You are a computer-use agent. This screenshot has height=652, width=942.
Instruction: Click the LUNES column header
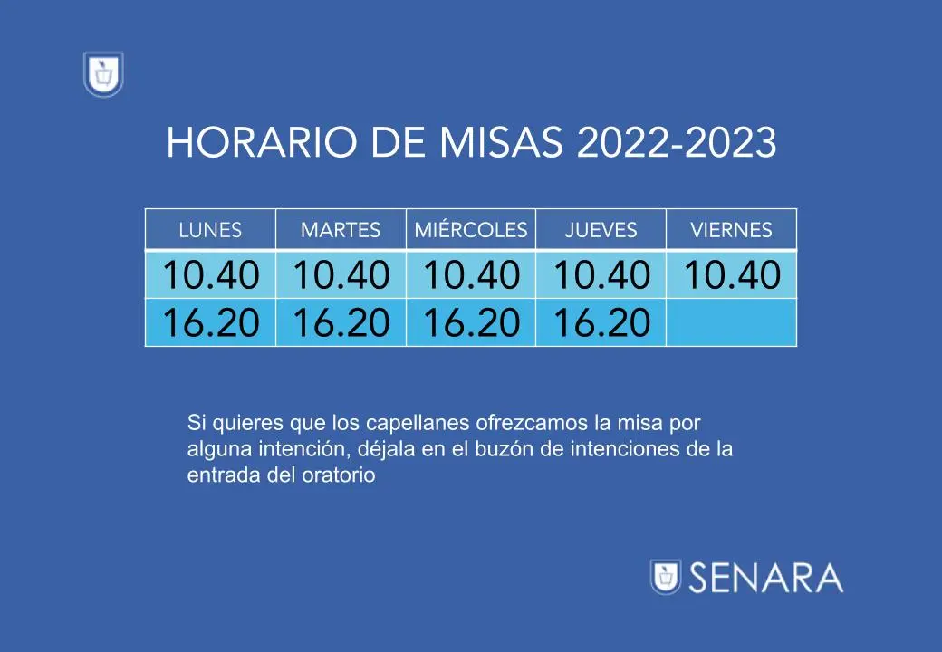click(210, 229)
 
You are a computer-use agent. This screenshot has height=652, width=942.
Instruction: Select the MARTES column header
click(341, 229)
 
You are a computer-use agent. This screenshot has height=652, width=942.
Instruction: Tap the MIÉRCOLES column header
click(471, 229)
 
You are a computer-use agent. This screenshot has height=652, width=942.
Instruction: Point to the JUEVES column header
click(601, 229)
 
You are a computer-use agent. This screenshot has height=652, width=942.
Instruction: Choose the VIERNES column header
click(731, 229)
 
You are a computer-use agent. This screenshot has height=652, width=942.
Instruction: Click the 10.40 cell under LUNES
click(210, 274)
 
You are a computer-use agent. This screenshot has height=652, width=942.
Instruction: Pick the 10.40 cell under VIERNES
click(731, 274)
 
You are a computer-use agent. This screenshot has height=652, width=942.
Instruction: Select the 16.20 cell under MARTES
click(341, 322)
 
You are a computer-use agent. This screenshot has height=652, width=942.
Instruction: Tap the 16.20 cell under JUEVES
click(601, 322)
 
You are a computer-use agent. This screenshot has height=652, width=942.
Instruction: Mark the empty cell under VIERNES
click(731, 322)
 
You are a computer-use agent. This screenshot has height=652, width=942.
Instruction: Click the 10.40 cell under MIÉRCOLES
click(471, 274)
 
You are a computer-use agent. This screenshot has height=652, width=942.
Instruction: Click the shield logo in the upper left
click(103, 74)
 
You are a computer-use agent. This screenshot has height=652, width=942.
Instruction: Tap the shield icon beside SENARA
click(666, 577)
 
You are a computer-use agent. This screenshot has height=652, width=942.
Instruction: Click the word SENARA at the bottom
click(766, 578)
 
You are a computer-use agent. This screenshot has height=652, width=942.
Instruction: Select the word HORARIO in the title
click(262, 143)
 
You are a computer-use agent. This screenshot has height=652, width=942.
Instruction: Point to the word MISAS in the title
click(501, 143)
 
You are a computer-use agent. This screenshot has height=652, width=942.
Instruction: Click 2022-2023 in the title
click(677, 143)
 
